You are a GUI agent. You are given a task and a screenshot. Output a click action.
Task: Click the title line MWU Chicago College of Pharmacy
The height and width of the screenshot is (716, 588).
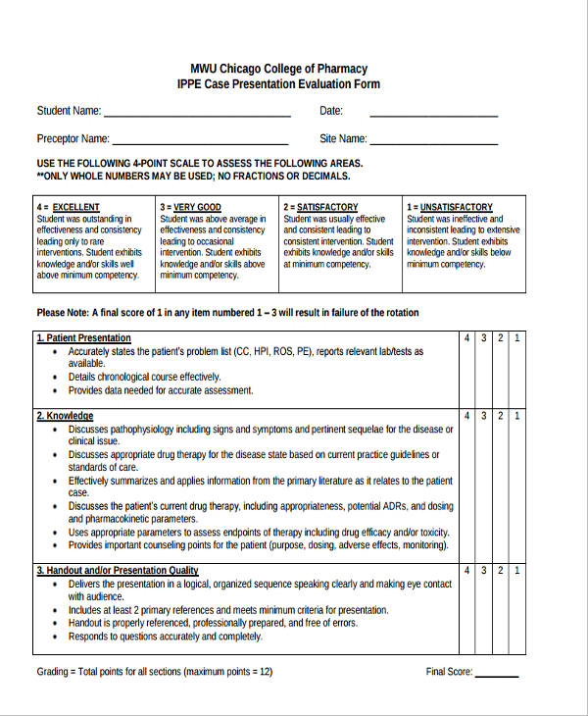tap(279, 69)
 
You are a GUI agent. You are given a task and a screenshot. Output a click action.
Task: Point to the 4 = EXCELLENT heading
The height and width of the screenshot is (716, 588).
tap(68, 207)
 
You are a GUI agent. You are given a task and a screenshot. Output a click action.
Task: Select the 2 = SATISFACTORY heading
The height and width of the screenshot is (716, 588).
tap(320, 207)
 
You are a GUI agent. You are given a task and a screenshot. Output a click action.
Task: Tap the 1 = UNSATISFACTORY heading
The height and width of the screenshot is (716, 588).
tap(449, 207)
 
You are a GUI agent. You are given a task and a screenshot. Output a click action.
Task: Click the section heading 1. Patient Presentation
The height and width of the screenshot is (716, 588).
tap(83, 338)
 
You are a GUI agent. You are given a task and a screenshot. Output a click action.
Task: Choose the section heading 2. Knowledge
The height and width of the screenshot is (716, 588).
tap(65, 416)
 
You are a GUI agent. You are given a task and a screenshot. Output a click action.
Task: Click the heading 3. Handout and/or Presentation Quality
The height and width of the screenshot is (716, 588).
tap(118, 570)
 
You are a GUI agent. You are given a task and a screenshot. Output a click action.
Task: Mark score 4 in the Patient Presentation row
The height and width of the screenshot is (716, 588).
tap(467, 338)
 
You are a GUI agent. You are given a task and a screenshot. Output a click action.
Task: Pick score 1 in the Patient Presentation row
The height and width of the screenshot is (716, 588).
tap(517, 338)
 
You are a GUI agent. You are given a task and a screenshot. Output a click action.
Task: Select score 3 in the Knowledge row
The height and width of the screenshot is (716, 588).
tap(484, 416)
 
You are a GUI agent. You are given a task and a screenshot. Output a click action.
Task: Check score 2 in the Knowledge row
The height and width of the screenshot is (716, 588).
tap(501, 416)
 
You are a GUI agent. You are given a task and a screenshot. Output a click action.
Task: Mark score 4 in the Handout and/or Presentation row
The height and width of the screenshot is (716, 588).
tap(467, 570)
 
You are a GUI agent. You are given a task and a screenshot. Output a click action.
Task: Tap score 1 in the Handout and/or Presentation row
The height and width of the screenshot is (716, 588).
tap(517, 570)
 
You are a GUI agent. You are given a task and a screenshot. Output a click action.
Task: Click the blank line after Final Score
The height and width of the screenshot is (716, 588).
tap(497, 674)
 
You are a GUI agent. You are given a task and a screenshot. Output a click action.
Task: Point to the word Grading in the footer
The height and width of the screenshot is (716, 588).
tap(54, 672)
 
